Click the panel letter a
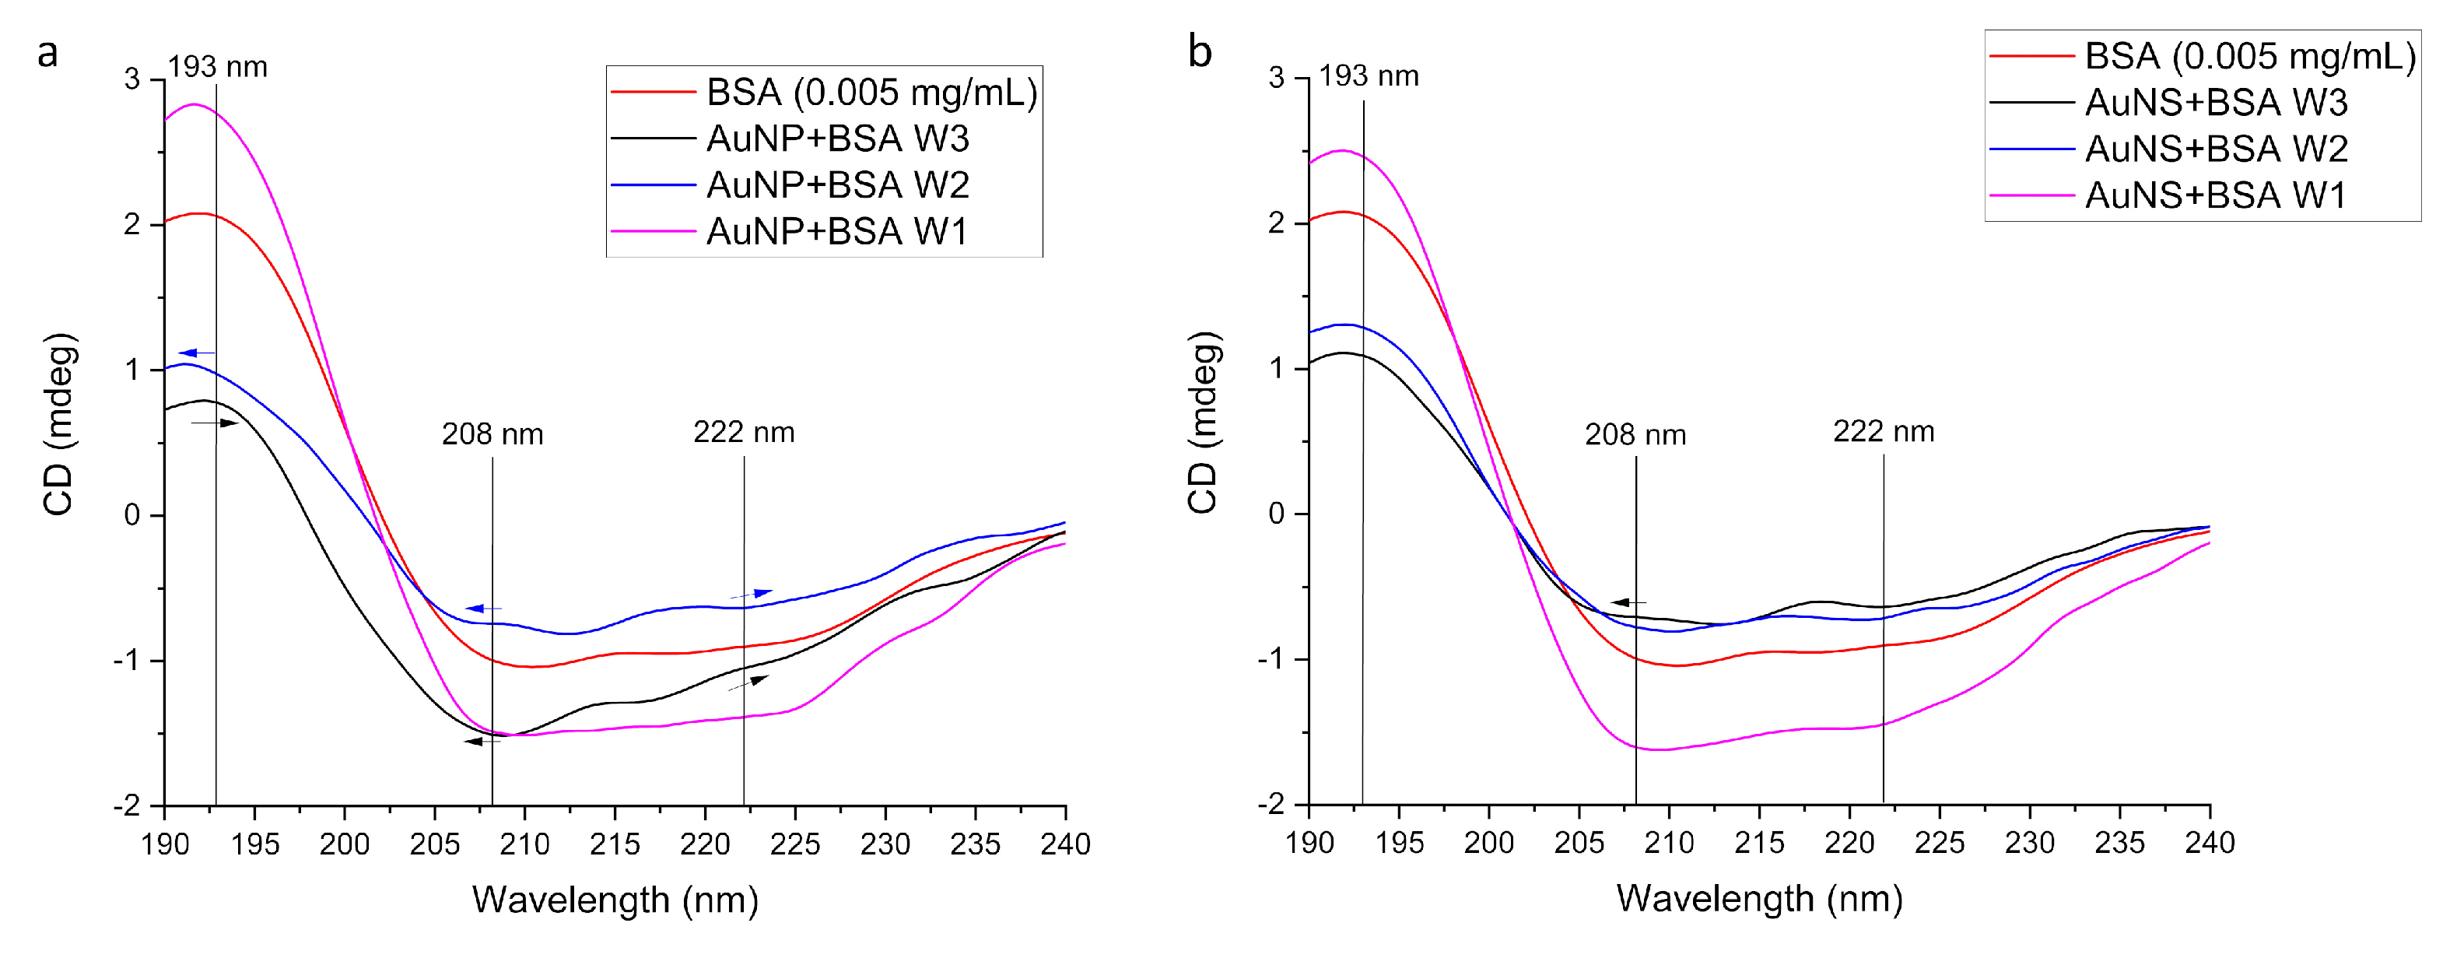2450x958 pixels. (x=47, y=54)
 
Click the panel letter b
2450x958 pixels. (x=1200, y=52)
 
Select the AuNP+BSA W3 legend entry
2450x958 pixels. (x=837, y=139)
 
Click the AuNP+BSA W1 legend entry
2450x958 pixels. (x=837, y=231)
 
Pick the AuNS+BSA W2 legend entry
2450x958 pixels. (x=2216, y=149)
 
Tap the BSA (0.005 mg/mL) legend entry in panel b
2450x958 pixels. (x=2249, y=57)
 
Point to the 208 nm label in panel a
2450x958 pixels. (x=492, y=435)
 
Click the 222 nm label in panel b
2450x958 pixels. (x=1883, y=432)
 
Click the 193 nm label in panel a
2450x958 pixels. (x=218, y=68)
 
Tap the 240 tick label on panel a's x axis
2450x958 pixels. (x=1065, y=844)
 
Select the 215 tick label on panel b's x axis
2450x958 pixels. (x=1758, y=843)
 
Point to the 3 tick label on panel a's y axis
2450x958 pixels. (x=132, y=79)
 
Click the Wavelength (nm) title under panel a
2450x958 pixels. (x=615, y=900)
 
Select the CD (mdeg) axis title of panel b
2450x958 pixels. (x=1202, y=423)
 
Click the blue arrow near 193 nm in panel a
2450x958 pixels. (x=196, y=353)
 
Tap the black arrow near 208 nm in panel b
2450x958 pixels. (x=1628, y=602)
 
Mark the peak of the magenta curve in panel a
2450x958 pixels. (x=193, y=104)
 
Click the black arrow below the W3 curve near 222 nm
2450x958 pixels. (x=748, y=683)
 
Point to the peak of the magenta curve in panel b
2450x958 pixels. (x=1341, y=150)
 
